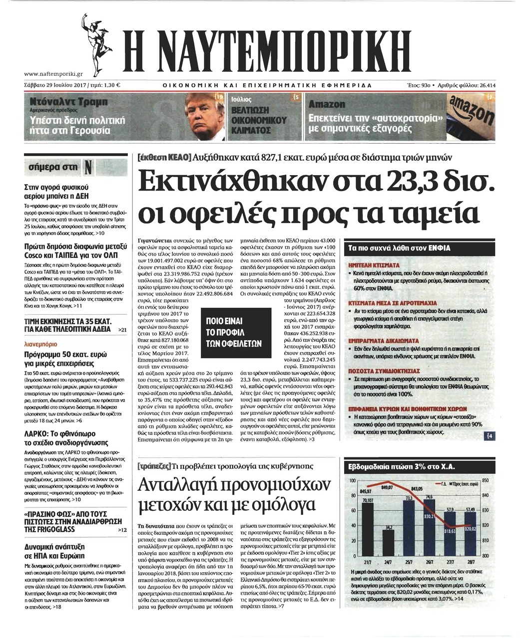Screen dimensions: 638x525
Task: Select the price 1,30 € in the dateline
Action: (x=113, y=85)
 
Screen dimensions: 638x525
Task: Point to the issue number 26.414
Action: (x=487, y=85)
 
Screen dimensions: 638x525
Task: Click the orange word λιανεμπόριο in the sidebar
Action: (x=40, y=344)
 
